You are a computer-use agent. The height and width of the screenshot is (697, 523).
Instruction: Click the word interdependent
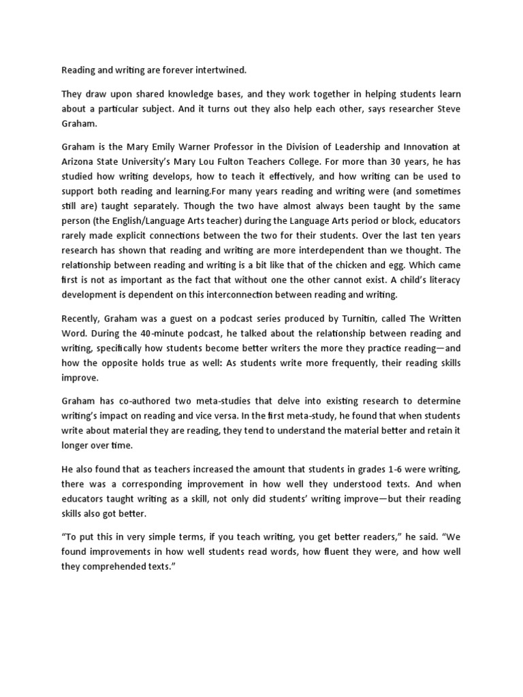(x=330, y=250)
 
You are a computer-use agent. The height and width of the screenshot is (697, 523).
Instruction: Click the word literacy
(x=441, y=279)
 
